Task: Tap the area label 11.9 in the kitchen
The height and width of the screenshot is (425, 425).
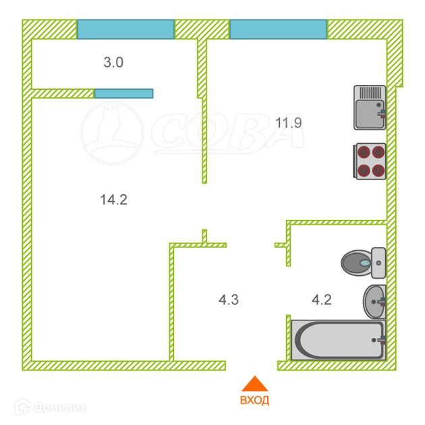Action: point(288,123)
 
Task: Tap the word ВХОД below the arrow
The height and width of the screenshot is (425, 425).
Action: point(254,401)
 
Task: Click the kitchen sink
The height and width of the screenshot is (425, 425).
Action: point(370,107)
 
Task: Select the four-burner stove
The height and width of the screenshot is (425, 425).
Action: point(370,162)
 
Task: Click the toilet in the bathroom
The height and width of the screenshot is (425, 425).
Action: point(363,262)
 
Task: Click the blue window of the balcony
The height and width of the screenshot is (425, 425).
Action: point(125,29)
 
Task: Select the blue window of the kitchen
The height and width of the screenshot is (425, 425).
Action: point(278,29)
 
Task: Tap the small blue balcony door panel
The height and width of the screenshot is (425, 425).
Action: point(123,93)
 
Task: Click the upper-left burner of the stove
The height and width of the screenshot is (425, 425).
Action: point(362,153)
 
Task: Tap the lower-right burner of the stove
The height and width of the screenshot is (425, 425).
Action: point(378,171)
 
